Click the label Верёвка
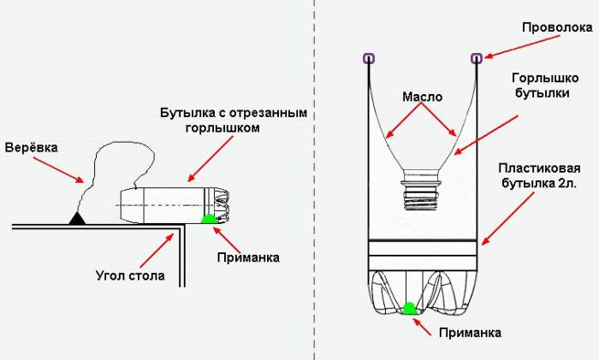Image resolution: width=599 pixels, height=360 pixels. pyautogui.click(x=32, y=147)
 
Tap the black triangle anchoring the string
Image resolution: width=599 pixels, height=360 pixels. pyautogui.click(x=78, y=219)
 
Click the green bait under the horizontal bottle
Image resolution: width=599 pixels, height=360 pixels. pyautogui.click(x=208, y=220)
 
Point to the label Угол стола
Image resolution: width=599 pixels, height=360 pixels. pyautogui.click(x=128, y=275)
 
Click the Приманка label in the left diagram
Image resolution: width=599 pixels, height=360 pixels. pyautogui.click(x=248, y=256)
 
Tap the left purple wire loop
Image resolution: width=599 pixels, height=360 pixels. pyautogui.click(x=368, y=58)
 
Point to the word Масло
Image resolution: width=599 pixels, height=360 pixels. pyautogui.click(x=422, y=97)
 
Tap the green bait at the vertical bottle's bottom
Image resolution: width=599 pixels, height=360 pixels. pyautogui.click(x=409, y=309)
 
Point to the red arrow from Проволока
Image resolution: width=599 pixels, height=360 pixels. pyautogui.click(x=505, y=48)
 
